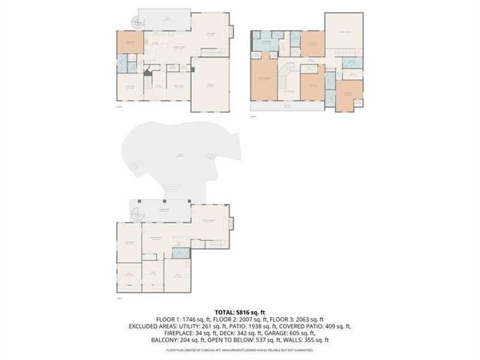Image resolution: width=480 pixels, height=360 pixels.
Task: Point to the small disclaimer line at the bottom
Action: coord(240,350)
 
